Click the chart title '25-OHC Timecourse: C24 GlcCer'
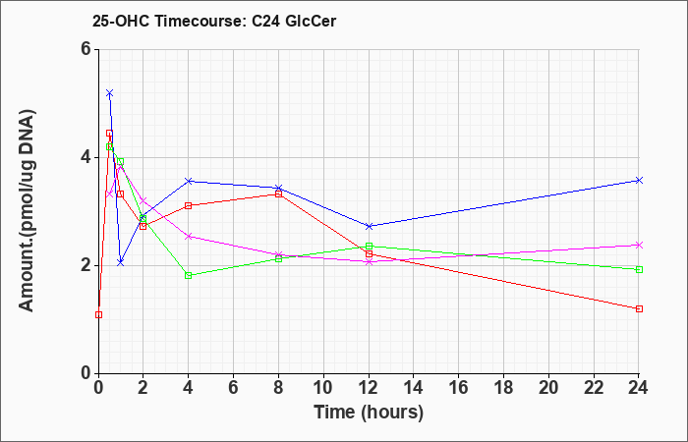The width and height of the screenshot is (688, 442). click(x=214, y=21)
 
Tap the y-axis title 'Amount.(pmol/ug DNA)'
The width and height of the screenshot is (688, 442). click(x=28, y=211)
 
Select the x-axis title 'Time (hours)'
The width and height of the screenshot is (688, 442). click(x=369, y=413)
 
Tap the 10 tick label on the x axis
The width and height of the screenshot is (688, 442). click(x=323, y=387)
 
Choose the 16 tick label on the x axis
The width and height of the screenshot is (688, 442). click(x=459, y=387)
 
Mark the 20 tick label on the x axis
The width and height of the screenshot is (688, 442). click(x=548, y=387)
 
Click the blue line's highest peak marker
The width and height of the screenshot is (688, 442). click(x=110, y=93)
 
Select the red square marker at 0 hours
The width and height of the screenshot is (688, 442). click(x=98, y=315)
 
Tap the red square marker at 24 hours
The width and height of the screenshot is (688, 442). click(x=639, y=308)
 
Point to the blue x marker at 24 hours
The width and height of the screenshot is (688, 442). click(x=639, y=180)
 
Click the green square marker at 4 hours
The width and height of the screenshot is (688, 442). click(x=189, y=275)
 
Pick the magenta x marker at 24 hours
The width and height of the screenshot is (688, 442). click(x=639, y=246)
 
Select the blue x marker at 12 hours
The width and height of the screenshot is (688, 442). click(x=369, y=226)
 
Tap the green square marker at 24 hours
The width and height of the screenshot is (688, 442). click(x=639, y=270)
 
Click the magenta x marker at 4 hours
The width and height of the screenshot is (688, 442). click(x=189, y=237)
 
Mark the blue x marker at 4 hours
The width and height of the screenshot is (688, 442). click(x=189, y=181)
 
